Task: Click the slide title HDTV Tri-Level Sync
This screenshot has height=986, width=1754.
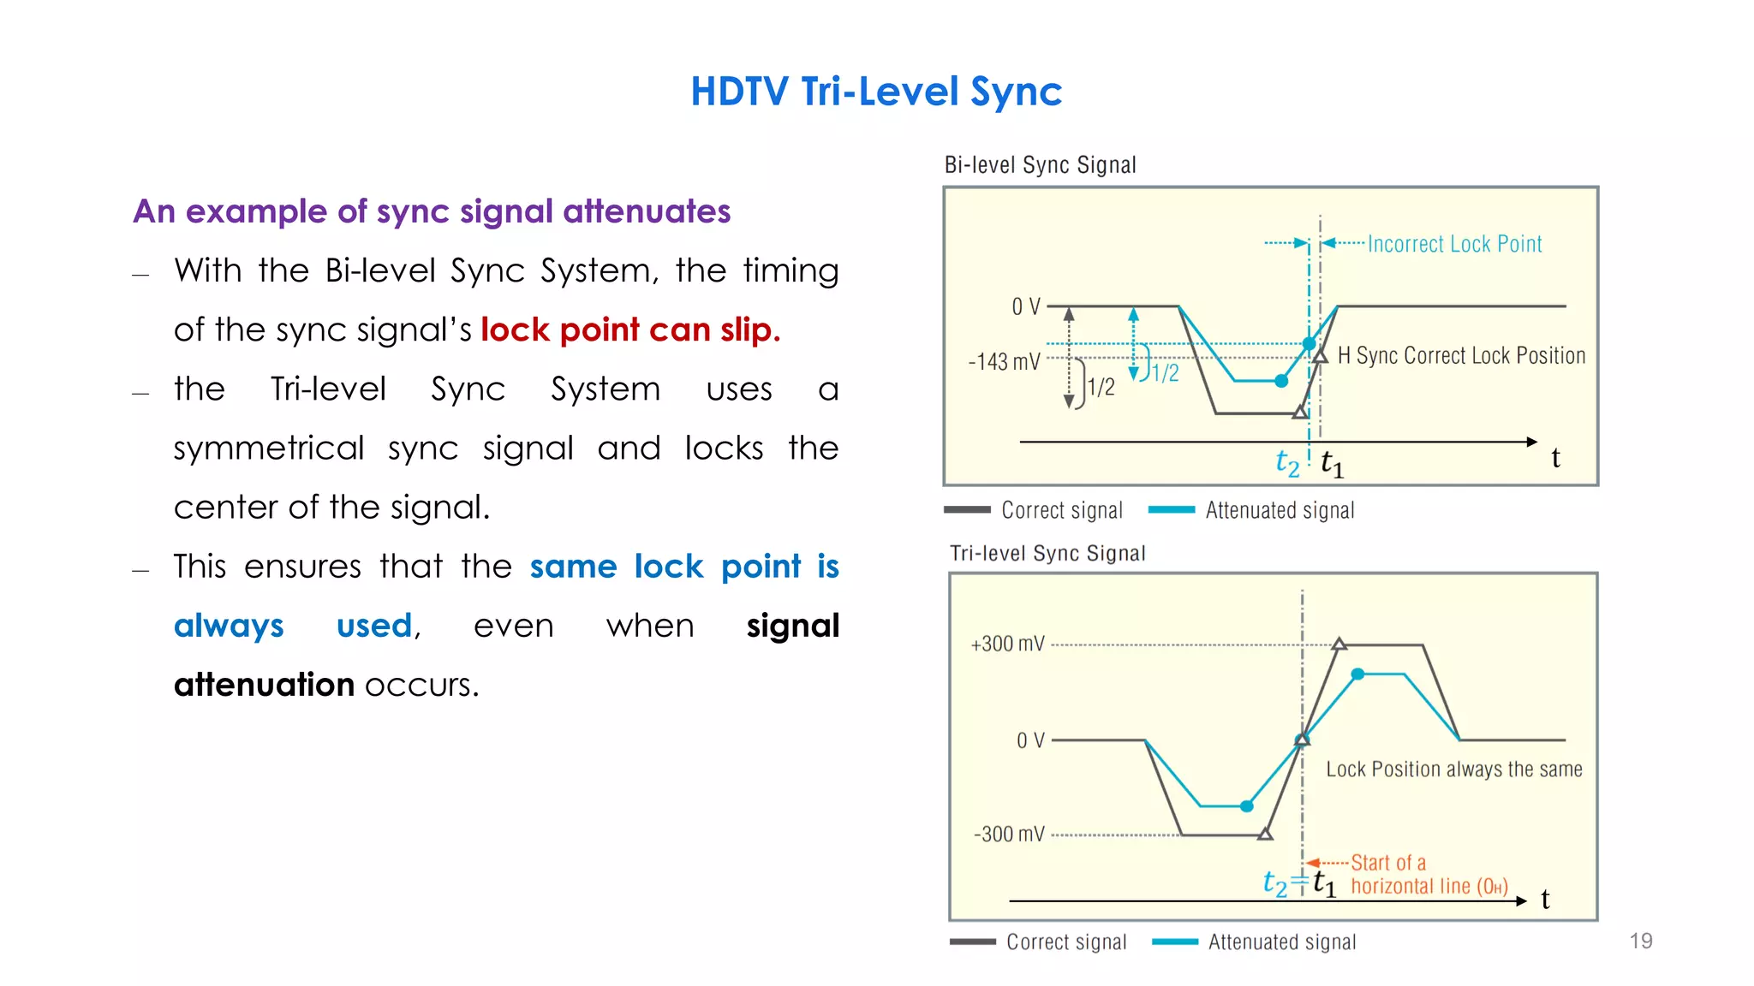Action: tap(876, 92)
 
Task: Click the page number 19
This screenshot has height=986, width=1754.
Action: tap(1640, 941)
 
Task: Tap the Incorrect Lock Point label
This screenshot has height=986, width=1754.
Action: tap(1454, 244)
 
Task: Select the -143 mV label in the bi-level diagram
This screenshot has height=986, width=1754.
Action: tap(1004, 361)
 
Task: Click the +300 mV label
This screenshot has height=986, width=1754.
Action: tap(1007, 644)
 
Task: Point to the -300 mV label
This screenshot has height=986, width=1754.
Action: tap(1009, 834)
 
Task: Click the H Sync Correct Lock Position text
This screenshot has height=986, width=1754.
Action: tap(1461, 355)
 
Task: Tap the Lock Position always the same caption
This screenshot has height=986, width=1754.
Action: tap(1453, 769)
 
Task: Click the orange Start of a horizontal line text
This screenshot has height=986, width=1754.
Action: tap(1429, 875)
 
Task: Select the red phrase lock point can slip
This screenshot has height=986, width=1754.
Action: tap(630, 330)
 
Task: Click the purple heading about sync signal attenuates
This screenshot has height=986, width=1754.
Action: tap(432, 211)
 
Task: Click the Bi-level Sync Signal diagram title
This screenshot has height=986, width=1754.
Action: tap(1040, 164)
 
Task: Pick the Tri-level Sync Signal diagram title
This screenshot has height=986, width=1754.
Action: tap(1047, 553)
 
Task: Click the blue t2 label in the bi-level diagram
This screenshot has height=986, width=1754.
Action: tap(1287, 463)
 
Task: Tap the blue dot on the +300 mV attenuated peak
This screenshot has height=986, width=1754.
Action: tap(1357, 674)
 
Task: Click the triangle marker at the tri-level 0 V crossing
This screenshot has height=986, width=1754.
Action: tap(1302, 739)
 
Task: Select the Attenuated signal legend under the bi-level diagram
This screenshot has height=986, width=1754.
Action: tap(1280, 510)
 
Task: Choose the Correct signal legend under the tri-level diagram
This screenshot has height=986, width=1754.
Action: tap(1065, 941)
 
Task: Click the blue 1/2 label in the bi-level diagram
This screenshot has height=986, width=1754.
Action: tap(1165, 372)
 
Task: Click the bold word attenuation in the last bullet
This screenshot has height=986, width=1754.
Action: tap(264, 685)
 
